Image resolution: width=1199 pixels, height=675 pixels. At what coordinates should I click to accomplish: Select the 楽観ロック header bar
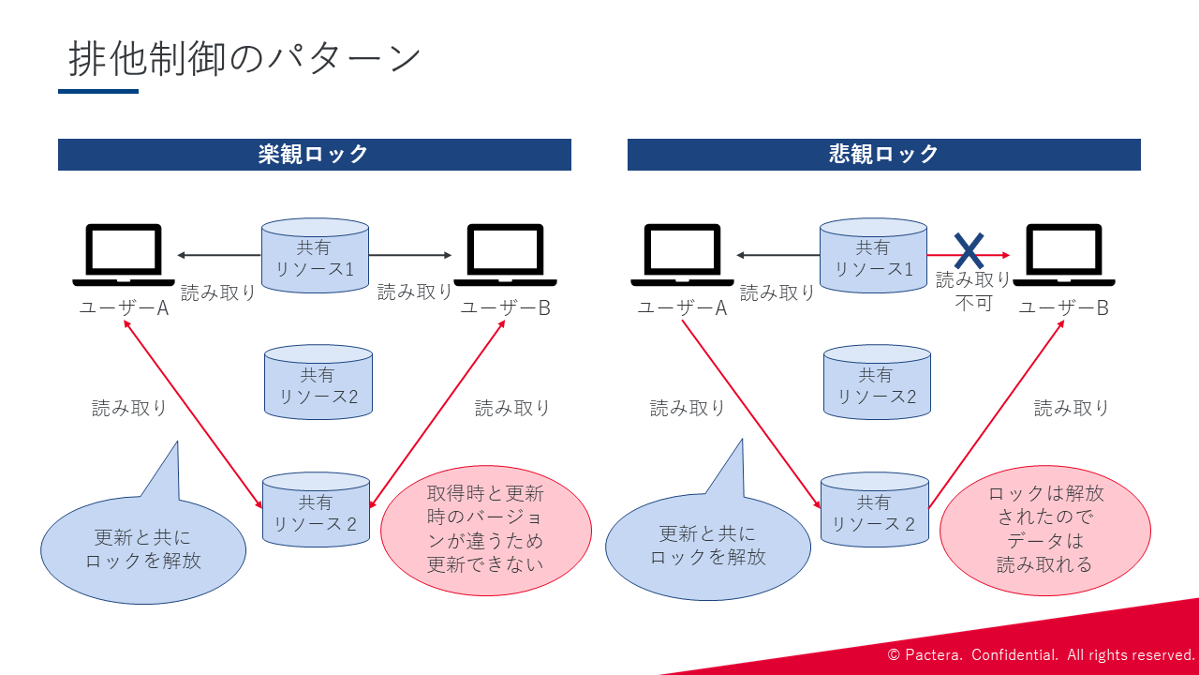314,155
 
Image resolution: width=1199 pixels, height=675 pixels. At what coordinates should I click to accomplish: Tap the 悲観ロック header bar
883,155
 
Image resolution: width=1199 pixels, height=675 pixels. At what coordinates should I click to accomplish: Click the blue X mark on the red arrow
969,251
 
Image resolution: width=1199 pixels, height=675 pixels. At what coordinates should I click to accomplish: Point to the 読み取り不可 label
973,291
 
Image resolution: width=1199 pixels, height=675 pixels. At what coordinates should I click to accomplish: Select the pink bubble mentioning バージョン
485,529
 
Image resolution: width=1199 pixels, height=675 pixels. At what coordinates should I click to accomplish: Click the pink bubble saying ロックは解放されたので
1044,529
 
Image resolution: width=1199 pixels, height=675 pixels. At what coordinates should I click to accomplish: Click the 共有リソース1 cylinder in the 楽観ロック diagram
315,255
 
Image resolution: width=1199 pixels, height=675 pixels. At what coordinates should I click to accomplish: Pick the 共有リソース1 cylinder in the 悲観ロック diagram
873,255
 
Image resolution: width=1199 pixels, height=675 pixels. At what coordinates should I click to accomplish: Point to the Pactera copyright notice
1041,654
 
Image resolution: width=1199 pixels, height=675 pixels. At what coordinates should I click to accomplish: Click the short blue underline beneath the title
98,91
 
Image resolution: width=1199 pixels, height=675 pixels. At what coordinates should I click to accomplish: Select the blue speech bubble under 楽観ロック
143,548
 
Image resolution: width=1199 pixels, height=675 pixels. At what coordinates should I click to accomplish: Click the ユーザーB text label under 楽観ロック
505,307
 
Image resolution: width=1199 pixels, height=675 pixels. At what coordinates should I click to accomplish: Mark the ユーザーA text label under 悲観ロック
682,307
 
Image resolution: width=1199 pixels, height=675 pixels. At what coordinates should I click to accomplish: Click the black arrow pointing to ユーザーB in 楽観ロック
410,255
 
